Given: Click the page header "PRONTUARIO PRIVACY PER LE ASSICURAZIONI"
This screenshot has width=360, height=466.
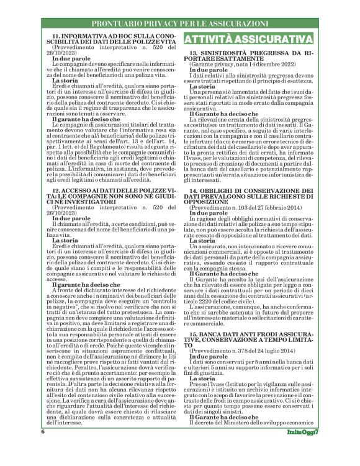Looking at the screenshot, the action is click(180, 24).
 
